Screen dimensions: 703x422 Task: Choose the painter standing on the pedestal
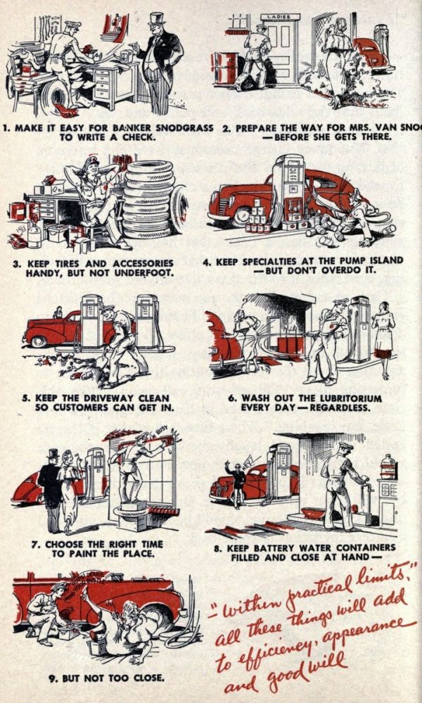click(132, 468)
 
